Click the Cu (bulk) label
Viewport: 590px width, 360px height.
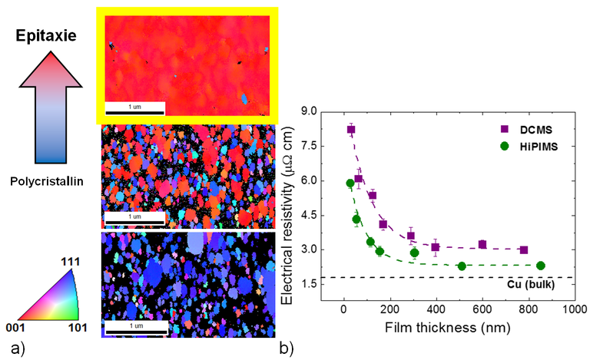tap(532, 285)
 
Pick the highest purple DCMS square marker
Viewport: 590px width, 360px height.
tap(351, 130)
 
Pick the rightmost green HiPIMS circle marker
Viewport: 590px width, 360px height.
tap(540, 266)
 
